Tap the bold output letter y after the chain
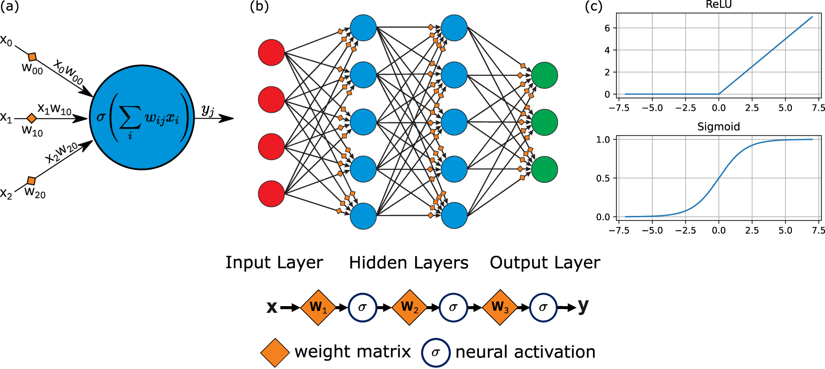coord(583,306)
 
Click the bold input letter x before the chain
coord(272,307)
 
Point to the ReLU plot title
coord(719,5)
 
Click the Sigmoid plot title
coord(719,127)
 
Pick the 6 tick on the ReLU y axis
coord(607,28)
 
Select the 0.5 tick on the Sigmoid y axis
coord(603,179)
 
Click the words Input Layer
coord(274,262)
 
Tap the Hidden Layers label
coord(408,262)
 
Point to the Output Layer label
coord(545,262)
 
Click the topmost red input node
coord(271,53)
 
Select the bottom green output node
coord(545,169)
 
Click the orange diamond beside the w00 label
coord(32,57)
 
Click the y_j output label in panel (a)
coord(208,110)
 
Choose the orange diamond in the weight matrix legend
coord(275,352)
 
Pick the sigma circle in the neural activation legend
coord(435,352)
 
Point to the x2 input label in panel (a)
coord(6,193)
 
